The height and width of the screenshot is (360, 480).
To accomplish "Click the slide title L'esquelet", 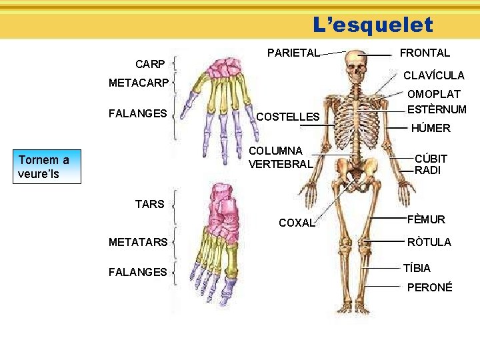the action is (x=373, y=25).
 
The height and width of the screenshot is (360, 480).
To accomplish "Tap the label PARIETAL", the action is (x=293, y=53).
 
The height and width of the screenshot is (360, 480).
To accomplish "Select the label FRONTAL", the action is (x=424, y=53).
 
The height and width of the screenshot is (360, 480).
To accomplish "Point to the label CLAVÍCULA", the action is (x=434, y=76).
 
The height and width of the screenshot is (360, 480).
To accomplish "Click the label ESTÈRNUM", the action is (x=437, y=109).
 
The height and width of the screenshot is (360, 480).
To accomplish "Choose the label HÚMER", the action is (x=430, y=128).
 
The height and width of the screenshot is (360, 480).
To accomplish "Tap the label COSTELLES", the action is (x=288, y=117).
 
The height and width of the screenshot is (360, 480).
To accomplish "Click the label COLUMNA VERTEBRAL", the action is (x=280, y=157).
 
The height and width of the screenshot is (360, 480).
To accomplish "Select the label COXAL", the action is (x=297, y=223).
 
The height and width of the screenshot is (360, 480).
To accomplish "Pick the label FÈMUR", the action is (x=427, y=219).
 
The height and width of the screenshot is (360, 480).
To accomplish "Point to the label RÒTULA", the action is (x=429, y=242).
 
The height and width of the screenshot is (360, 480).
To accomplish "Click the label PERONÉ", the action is (x=429, y=287).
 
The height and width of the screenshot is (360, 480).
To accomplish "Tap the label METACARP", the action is (x=139, y=85).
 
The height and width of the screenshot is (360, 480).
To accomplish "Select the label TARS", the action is (x=149, y=205).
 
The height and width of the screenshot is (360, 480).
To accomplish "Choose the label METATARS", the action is (x=138, y=242).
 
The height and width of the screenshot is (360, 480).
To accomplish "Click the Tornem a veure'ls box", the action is (x=49, y=167).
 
